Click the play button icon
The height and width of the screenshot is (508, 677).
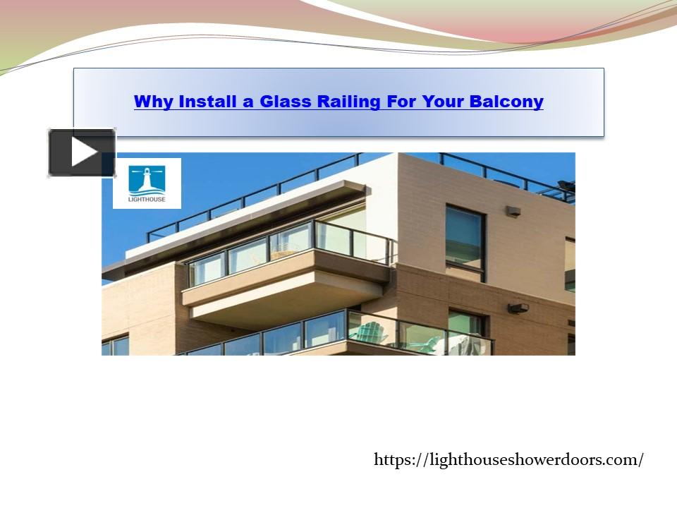(x=82, y=152)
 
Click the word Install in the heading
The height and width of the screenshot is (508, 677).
(x=207, y=102)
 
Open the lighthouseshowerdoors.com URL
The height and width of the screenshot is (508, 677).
(x=508, y=460)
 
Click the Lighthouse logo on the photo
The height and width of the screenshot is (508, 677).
(x=147, y=183)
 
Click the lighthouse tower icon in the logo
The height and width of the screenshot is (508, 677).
(x=147, y=179)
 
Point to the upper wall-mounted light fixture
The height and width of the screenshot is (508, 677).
(x=513, y=210)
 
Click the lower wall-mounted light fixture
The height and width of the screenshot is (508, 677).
(x=518, y=308)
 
